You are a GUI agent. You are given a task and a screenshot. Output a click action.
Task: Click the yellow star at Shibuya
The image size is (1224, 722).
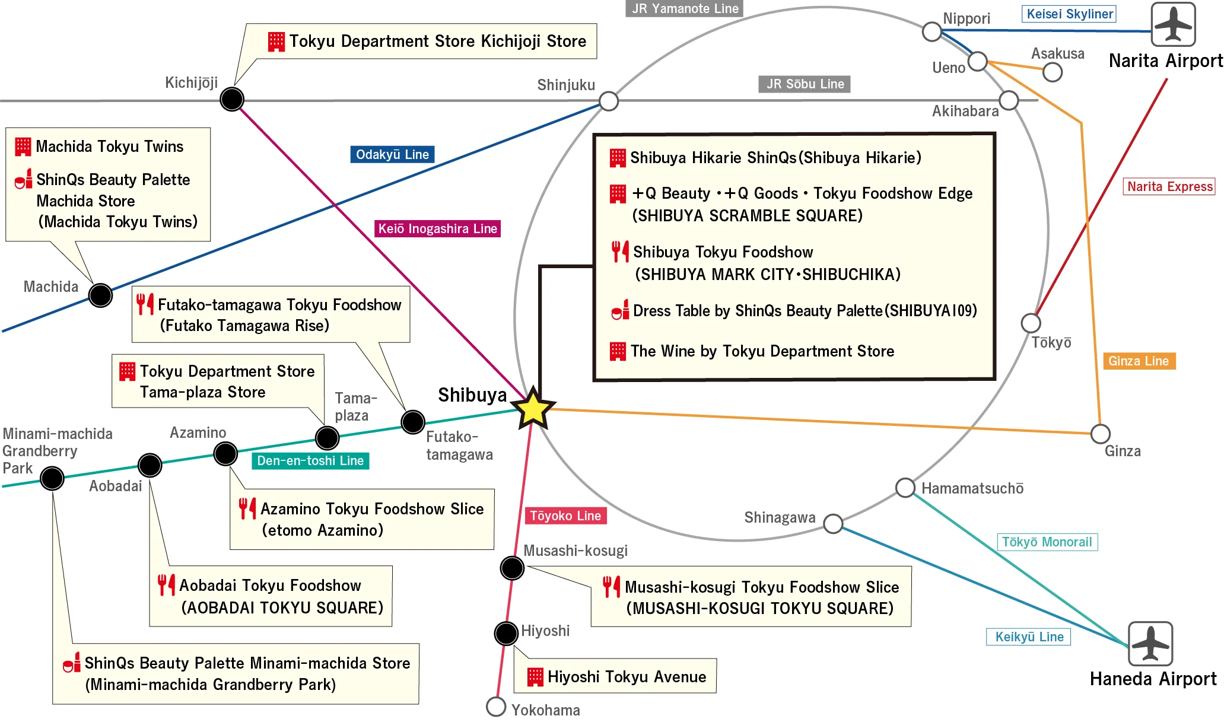click(533, 408)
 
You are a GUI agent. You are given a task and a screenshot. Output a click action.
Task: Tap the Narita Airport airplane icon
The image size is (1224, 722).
click(1173, 24)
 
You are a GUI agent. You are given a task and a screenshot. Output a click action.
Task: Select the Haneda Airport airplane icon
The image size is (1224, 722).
click(1150, 643)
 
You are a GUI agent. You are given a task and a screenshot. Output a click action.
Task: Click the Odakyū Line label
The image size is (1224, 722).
click(392, 154)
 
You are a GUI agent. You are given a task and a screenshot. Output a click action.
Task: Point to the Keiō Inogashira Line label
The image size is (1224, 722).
click(437, 228)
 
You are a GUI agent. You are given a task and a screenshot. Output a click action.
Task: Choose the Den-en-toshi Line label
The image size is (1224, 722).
click(310, 460)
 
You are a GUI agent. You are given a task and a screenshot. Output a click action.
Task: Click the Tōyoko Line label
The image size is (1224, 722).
click(565, 516)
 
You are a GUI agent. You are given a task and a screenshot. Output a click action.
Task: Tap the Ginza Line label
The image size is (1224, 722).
click(1138, 361)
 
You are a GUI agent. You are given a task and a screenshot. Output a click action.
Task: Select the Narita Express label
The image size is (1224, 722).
click(1169, 186)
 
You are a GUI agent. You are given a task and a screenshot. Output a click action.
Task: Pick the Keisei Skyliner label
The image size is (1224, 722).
click(1069, 14)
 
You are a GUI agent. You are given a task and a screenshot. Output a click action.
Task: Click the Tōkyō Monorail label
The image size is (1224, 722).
click(1047, 542)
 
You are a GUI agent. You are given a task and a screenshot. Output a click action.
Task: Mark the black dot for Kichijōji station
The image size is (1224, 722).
click(232, 99)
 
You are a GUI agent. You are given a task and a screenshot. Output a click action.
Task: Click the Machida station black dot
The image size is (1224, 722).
click(100, 295)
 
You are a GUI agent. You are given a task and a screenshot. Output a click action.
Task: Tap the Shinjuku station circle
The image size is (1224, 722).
click(609, 101)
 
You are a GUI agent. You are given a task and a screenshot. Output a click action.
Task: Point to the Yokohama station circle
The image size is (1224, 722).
click(496, 707)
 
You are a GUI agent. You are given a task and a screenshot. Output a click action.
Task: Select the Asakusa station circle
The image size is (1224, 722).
click(1053, 72)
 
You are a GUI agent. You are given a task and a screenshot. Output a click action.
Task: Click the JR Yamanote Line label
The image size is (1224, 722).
click(685, 8)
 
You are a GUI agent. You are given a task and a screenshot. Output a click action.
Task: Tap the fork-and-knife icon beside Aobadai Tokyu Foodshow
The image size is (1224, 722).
click(166, 585)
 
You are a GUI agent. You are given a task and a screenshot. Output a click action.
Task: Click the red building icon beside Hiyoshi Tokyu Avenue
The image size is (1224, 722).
click(535, 676)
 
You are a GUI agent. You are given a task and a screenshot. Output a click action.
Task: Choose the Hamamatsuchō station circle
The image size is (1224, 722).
click(905, 488)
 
